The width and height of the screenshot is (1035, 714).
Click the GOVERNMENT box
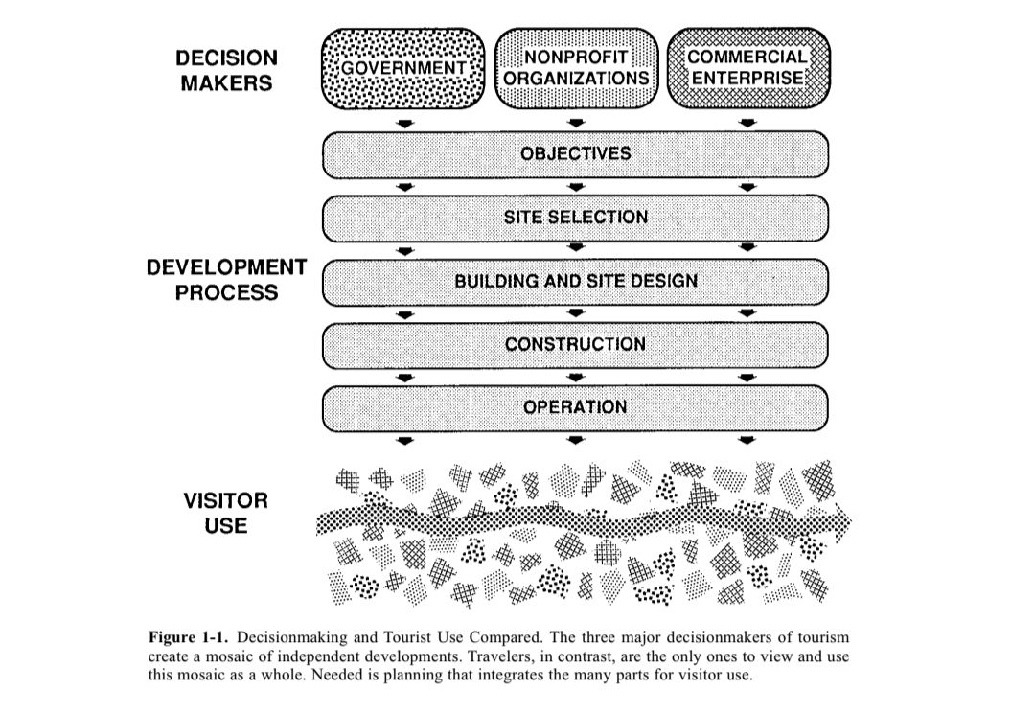(x=404, y=68)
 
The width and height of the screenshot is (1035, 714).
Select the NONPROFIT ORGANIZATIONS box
(x=576, y=68)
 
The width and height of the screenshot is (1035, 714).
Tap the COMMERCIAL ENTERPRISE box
(x=747, y=68)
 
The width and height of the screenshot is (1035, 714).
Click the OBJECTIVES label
(x=575, y=153)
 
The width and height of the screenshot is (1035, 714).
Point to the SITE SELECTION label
(x=575, y=217)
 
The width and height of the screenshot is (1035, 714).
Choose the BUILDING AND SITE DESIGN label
(x=575, y=281)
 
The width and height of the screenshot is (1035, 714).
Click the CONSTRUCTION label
(x=575, y=344)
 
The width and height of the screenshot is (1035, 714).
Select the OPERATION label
(x=575, y=407)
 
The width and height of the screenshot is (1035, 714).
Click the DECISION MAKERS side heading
(x=226, y=71)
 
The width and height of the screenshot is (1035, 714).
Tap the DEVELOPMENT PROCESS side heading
(x=226, y=280)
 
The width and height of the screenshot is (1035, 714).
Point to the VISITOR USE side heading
(x=226, y=513)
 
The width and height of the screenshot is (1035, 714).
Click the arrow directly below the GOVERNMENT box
(x=405, y=124)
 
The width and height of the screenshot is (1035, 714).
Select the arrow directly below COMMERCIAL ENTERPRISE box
(x=747, y=124)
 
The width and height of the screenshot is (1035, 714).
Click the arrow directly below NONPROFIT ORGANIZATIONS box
(x=575, y=124)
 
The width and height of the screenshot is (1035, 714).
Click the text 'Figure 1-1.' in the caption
(x=189, y=637)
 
